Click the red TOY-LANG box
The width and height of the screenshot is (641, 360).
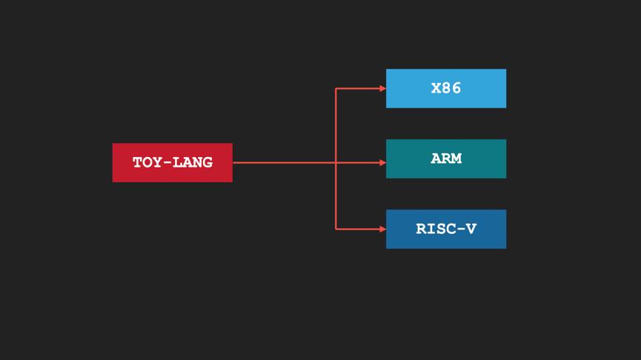pos(172,162)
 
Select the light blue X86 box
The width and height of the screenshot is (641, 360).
pos(446,88)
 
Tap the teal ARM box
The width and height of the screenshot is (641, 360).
pos(446,159)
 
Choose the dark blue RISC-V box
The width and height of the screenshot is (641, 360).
pos(446,229)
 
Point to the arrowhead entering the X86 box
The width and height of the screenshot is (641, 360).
pos(382,88)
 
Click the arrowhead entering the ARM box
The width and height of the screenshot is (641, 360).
pos(382,162)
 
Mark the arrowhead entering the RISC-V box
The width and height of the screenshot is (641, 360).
pos(382,229)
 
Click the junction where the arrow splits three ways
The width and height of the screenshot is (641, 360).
pos(336,162)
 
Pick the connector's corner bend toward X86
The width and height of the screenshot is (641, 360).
pos(336,88)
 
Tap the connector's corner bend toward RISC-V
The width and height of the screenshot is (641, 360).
pos(336,229)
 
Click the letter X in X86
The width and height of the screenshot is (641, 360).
pos(436,88)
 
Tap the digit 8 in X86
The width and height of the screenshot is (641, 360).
pos(446,88)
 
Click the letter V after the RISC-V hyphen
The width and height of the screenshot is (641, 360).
pos(471,229)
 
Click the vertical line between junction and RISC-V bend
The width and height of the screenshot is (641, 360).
pos(336,196)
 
